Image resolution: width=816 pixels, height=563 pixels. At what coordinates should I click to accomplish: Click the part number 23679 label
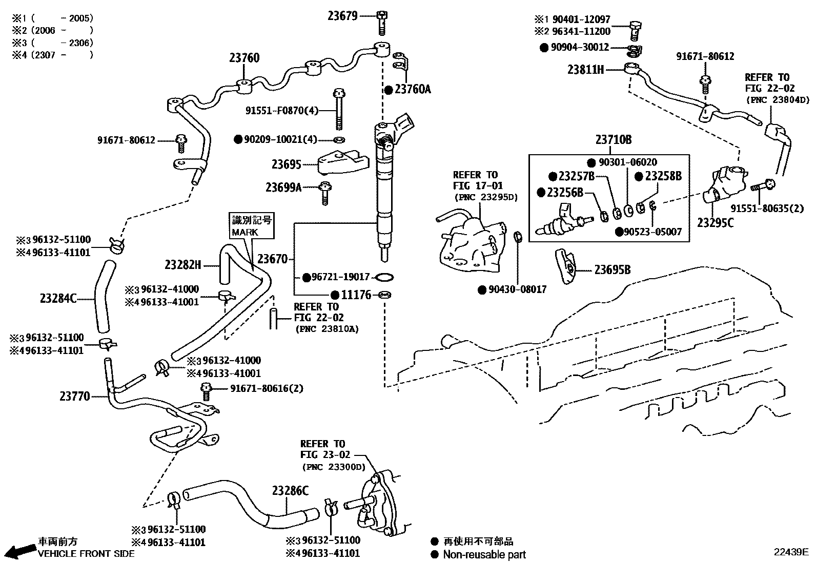click(342, 16)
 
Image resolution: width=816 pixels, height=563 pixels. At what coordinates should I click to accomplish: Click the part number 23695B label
click(612, 270)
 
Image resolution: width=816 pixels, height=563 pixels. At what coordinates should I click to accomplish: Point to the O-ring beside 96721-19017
click(384, 277)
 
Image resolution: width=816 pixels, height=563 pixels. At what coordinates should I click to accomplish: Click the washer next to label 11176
click(384, 295)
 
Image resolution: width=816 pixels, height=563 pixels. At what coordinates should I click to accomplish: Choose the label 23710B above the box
click(613, 139)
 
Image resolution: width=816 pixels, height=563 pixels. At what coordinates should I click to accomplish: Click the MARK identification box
click(252, 226)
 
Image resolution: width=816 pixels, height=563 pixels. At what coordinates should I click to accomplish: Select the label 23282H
click(182, 265)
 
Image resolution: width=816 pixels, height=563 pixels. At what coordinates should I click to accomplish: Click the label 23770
click(75, 396)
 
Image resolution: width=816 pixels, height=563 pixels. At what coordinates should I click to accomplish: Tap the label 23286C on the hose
click(290, 491)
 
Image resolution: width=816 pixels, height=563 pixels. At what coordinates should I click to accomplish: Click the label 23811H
click(585, 70)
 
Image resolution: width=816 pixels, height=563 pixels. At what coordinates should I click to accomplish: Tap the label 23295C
click(715, 223)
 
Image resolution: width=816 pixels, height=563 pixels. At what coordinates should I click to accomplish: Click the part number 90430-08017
click(517, 289)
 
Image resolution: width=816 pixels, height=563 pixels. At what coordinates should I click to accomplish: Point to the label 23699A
click(283, 187)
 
